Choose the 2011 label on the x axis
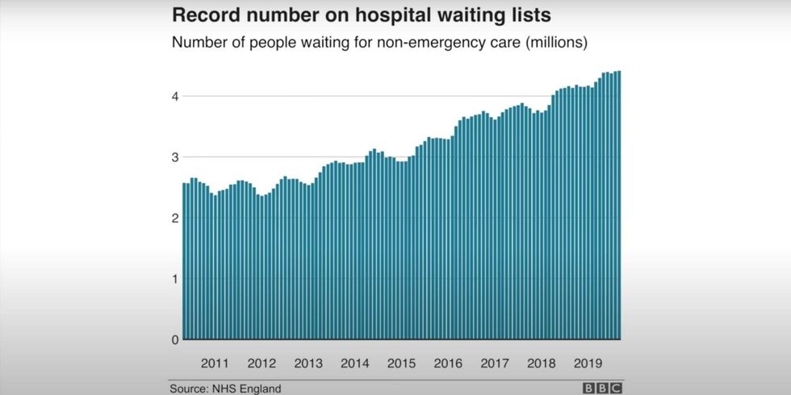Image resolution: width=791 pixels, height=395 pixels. click(215, 364)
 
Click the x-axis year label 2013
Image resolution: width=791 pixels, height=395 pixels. click(308, 364)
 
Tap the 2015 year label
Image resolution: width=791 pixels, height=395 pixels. click(401, 364)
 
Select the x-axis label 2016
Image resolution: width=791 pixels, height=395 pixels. click(448, 364)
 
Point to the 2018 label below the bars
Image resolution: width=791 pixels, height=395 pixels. click(541, 364)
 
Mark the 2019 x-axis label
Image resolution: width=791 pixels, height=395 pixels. click(588, 364)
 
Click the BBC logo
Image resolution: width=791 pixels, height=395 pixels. click(602, 389)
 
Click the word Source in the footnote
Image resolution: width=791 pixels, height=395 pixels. click(188, 389)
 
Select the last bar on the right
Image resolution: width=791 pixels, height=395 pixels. click(619, 205)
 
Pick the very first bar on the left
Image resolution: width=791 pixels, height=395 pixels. click(185, 261)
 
